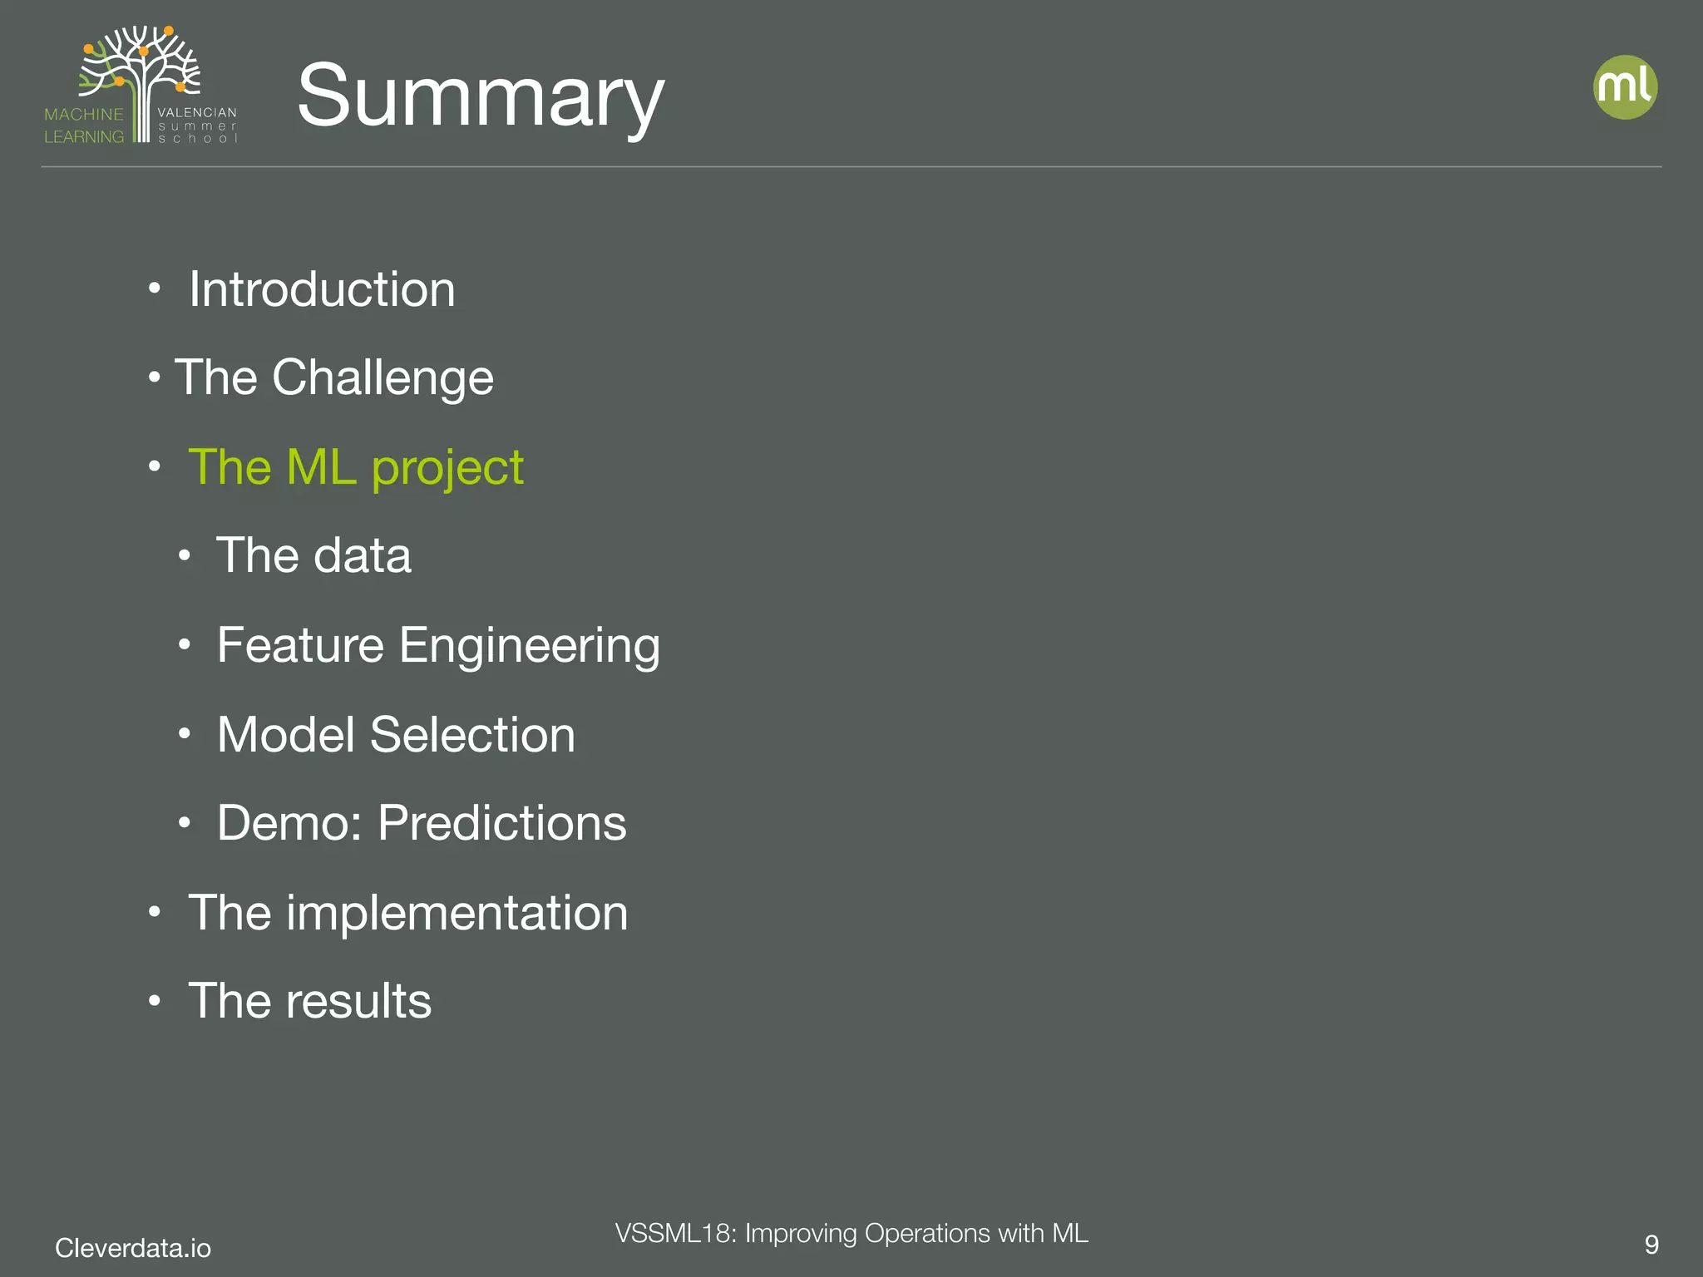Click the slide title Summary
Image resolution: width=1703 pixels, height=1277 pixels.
[480, 96]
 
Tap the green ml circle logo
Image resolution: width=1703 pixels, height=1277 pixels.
[1625, 87]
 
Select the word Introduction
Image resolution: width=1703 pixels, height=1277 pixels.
[322, 289]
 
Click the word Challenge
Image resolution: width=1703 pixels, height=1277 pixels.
[383, 377]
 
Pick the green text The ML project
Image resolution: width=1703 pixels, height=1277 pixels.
[356, 467]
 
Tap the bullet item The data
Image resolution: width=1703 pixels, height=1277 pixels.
[313, 555]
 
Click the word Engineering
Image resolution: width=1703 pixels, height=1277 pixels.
[530, 645]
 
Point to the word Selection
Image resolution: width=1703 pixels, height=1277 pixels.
[472, 735]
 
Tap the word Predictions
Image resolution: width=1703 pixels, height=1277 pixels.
[502, 823]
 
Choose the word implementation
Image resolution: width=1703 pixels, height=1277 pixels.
[457, 913]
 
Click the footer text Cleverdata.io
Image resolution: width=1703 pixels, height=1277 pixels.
[133, 1248]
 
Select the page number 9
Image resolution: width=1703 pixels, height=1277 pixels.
[1651, 1245]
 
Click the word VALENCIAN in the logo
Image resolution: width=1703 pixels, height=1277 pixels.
[197, 112]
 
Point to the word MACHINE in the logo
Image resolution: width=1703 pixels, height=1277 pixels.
[83, 115]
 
